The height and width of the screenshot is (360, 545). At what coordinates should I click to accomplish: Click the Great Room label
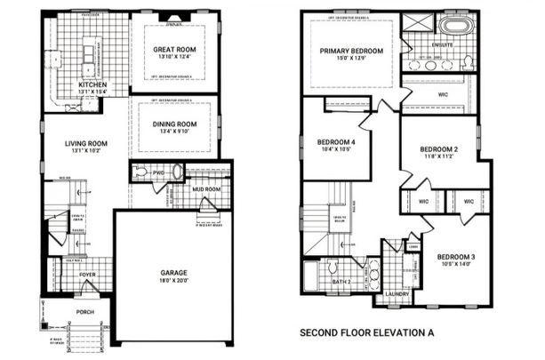[174, 49]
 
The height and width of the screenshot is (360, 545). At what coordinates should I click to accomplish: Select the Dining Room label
[174, 124]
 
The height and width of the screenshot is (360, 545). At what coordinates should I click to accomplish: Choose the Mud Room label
[206, 189]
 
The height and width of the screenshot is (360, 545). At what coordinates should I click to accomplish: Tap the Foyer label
[87, 275]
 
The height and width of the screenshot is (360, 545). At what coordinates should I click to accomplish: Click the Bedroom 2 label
[438, 148]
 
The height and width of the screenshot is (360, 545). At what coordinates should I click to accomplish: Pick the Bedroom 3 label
[455, 257]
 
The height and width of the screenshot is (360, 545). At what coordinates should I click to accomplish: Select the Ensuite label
[442, 42]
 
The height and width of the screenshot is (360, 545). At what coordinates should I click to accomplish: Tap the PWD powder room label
[159, 172]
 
